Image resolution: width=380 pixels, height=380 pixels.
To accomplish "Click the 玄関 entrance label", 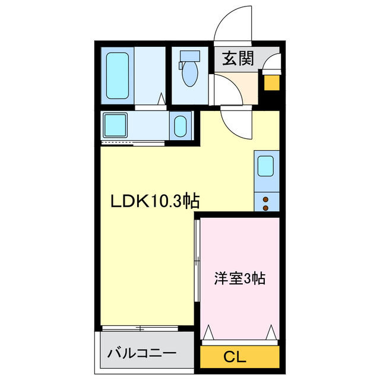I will [x=238, y=58].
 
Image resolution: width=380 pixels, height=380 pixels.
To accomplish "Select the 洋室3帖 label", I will [x=239, y=278].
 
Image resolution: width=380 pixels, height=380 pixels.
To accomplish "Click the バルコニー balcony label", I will [x=142, y=353].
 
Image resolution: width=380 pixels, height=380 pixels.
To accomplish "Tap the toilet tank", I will [x=191, y=57].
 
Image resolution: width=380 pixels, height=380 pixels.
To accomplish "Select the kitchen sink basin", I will [x=265, y=166].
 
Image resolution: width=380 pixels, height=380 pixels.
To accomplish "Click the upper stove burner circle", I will [x=265, y=199].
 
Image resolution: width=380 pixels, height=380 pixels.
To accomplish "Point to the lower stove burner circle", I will [x=265, y=207].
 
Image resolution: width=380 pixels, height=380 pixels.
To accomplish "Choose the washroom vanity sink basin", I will [x=180, y=126].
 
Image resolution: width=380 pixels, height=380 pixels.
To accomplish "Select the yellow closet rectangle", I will [x=240, y=357].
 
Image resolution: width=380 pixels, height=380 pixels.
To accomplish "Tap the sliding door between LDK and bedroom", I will [x=197, y=267].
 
